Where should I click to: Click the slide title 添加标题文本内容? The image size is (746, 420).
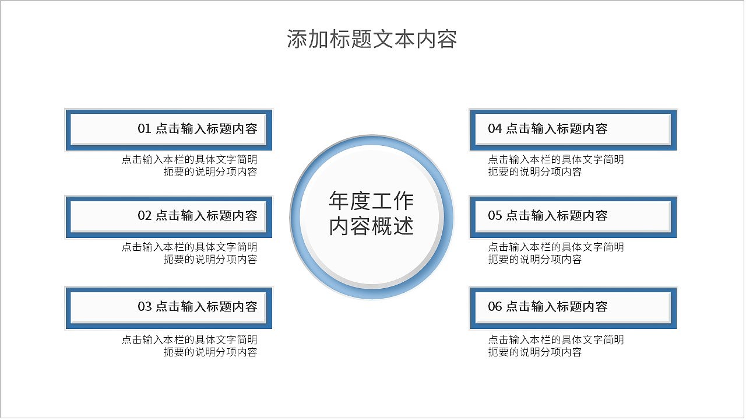click(x=372, y=39)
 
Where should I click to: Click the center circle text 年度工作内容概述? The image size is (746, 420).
click(x=371, y=213)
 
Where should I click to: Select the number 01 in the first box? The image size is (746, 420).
click(x=145, y=129)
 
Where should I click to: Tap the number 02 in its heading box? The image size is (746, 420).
click(x=145, y=216)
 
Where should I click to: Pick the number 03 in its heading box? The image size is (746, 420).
click(x=145, y=307)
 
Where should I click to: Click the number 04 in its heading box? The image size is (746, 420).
click(x=495, y=129)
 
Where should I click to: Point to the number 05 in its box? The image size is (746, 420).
click(x=495, y=216)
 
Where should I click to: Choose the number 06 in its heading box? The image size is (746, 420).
click(x=495, y=307)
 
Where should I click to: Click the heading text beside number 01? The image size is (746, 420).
click(x=206, y=129)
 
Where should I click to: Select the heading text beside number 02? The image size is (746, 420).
click(x=206, y=216)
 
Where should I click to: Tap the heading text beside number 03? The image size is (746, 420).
click(x=206, y=307)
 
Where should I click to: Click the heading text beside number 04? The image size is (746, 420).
click(x=557, y=129)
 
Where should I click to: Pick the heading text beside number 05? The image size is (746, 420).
click(x=557, y=216)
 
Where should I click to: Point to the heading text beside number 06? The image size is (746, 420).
click(x=557, y=307)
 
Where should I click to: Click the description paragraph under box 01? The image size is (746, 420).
click(x=189, y=166)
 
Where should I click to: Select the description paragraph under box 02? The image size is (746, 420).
click(x=189, y=253)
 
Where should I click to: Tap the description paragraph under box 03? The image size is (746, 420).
click(x=189, y=345)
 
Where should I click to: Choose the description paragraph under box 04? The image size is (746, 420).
click(x=555, y=166)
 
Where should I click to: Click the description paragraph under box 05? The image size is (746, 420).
click(x=555, y=253)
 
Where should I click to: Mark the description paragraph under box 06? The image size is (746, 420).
click(x=555, y=345)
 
